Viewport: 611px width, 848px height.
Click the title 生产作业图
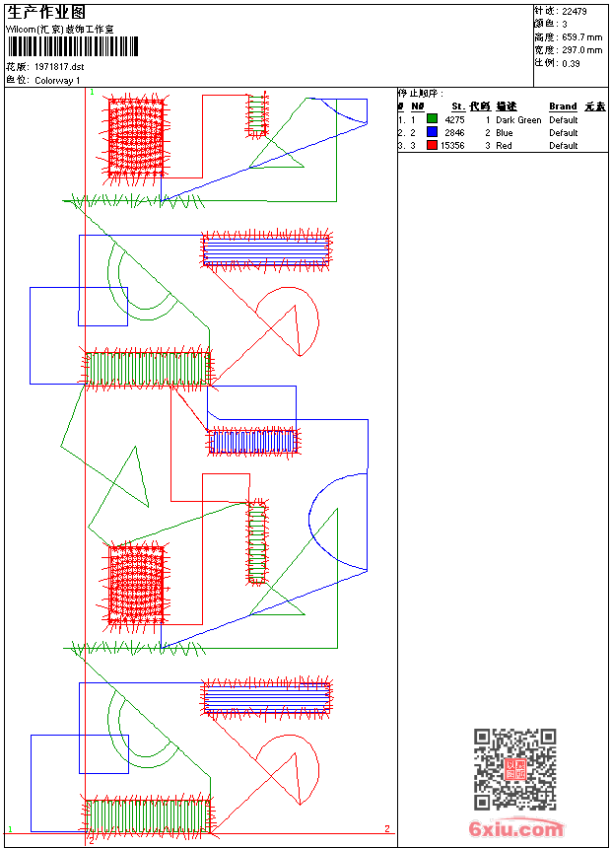(x=46, y=12)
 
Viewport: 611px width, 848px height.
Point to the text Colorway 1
(x=57, y=80)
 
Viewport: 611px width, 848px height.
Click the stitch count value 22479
(x=575, y=11)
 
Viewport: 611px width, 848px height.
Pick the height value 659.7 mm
(x=581, y=36)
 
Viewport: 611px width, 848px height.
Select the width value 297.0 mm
(x=581, y=49)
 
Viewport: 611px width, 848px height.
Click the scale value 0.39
(x=571, y=62)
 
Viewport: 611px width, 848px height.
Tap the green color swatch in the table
(x=432, y=119)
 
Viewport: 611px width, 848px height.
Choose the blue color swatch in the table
(x=432, y=132)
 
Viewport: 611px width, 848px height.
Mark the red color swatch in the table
(x=432, y=145)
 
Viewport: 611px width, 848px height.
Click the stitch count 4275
(x=454, y=119)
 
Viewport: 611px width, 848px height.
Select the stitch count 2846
(x=454, y=132)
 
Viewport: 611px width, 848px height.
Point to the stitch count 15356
(x=452, y=145)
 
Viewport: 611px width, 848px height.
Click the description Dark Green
(x=518, y=119)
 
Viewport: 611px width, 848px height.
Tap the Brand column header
(x=563, y=106)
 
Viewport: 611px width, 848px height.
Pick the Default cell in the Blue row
(x=564, y=132)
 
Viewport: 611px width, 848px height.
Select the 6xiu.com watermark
(x=515, y=829)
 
